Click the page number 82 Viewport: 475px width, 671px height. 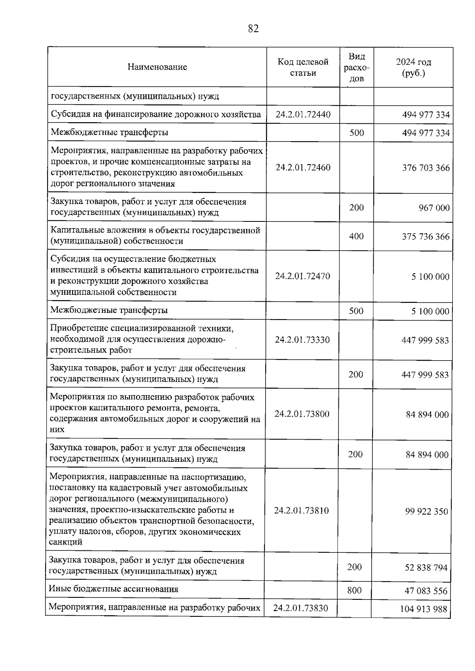click(253, 28)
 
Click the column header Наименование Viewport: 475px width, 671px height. click(157, 67)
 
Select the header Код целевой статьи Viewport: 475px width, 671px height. click(303, 67)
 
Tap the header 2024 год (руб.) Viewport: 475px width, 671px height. click(413, 67)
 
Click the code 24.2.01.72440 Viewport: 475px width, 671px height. click(303, 115)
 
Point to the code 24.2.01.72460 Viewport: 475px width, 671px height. click(303, 167)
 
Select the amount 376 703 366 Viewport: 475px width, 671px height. click(426, 168)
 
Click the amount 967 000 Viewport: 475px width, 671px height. click(434, 208)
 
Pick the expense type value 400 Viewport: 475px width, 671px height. click(356, 236)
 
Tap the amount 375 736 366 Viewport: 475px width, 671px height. click(426, 237)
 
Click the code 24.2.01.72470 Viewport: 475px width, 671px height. click(302, 276)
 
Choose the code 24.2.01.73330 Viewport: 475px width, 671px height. click(302, 340)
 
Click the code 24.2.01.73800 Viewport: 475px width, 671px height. click(302, 414)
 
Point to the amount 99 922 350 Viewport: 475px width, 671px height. click(426, 512)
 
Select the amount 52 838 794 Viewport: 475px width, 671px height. click(426, 568)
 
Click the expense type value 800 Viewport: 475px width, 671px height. click(354, 590)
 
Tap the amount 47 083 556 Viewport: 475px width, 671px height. click(426, 591)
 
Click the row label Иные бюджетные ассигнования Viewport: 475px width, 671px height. click(113, 589)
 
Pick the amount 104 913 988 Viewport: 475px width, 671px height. click(423, 609)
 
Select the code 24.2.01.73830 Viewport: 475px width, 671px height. click(300, 608)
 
